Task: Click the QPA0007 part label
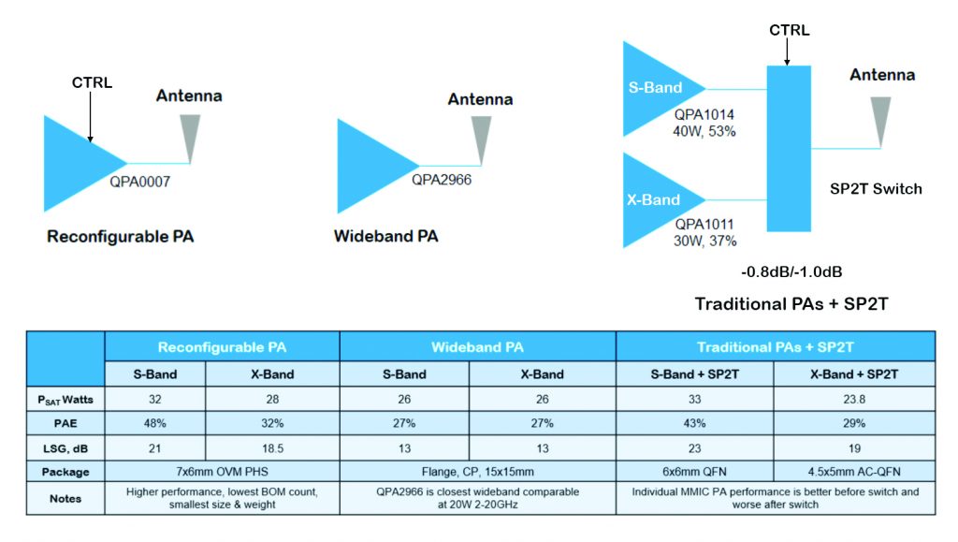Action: coord(140,182)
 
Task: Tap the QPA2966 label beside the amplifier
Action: coord(442,180)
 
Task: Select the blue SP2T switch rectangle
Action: coord(789,149)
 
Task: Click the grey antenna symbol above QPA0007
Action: coord(190,139)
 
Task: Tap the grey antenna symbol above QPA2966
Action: coord(482,140)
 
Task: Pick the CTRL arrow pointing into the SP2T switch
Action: coord(787,52)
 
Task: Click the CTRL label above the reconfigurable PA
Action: coord(93,82)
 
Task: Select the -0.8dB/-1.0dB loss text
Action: coord(791,271)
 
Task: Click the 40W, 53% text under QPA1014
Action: coord(704,131)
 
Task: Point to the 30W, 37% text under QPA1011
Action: coord(705,242)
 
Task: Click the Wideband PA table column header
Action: coord(477,347)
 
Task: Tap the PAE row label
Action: coord(65,423)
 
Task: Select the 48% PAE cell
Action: coord(155,423)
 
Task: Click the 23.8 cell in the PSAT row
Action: coord(854,399)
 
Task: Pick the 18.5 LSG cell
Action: coord(272,448)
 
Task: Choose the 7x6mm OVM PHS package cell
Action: coord(223,472)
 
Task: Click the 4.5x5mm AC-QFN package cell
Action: coord(854,472)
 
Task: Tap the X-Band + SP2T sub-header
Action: coord(854,374)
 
